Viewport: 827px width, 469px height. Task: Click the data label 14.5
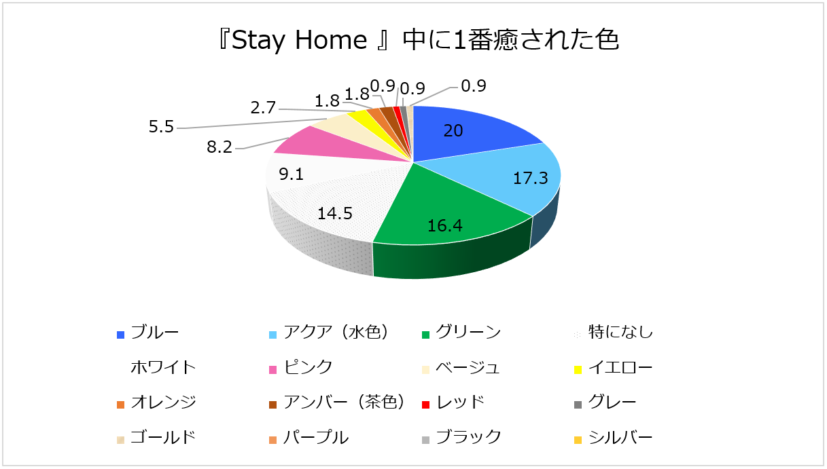335,214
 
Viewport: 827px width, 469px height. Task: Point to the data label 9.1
292,174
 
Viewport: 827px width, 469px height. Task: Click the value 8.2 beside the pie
219,147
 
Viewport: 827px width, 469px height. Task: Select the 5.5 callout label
161,127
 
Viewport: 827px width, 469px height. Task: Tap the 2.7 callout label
263,108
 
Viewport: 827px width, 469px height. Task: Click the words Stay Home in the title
300,40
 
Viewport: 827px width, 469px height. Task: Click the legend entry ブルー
147,333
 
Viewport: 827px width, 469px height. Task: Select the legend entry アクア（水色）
330,333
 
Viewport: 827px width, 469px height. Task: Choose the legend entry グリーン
461,333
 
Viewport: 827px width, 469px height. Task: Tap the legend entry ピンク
301,368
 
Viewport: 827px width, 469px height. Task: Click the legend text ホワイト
163,368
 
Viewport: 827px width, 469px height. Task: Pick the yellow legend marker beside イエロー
578,370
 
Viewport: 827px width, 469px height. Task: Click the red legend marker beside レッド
425,405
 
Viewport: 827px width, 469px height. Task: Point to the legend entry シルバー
613,438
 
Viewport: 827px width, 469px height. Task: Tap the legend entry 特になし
613,333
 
